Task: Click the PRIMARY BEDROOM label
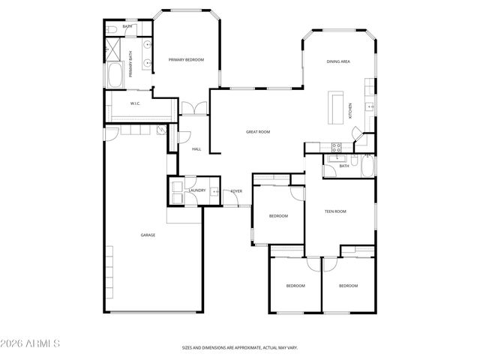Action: pos(186,60)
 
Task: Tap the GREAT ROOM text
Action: pos(258,132)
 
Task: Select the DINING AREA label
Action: pos(339,61)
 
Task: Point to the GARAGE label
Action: pos(148,235)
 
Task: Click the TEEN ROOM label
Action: pos(334,211)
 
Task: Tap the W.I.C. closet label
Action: pos(136,103)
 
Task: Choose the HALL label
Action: pos(196,149)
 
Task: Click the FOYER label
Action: pos(236,192)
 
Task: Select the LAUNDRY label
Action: pos(197,190)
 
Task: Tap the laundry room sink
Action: pos(214,192)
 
